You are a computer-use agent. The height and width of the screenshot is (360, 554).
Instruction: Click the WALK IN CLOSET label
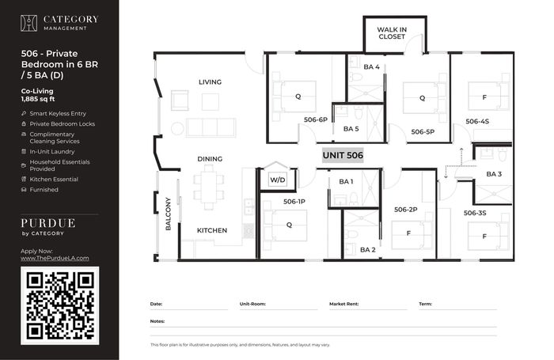pos(392,33)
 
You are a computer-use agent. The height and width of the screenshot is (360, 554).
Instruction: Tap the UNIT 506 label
pos(343,155)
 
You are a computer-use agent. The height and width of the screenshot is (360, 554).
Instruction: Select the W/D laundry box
pos(277,180)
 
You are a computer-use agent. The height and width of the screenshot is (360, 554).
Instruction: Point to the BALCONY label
pos(168,214)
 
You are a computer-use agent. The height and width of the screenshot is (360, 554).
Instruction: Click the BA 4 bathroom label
pos(371,66)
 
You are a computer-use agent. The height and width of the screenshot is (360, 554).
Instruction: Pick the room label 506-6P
pos(316,119)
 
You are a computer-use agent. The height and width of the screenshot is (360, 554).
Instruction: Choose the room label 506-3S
pos(475,213)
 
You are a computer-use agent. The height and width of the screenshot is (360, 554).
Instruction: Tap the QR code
pos(59,305)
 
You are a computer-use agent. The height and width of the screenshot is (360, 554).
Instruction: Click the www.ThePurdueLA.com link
pos(55,258)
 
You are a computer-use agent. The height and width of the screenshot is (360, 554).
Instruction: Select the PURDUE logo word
pos(48,223)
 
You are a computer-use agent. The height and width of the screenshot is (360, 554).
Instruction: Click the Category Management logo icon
pos(28,23)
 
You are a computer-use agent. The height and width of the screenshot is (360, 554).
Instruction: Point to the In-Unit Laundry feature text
pos(52,152)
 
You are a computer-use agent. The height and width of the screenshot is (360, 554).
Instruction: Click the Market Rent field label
pos(343,304)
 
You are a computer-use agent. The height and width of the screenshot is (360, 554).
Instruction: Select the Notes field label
pos(157,321)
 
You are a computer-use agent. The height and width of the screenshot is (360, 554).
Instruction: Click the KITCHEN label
pos(212,230)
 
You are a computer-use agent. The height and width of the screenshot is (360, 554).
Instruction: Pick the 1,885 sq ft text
pos(38,99)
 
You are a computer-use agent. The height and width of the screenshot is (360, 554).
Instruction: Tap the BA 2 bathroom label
pos(368,250)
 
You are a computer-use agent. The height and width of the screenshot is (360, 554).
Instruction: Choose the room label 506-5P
pos(423,132)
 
